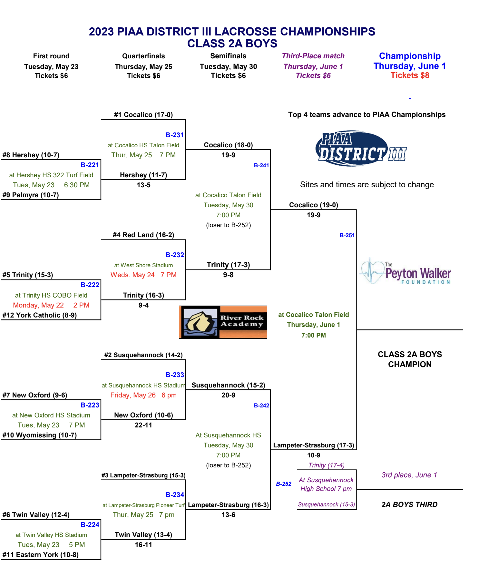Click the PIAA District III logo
pos(361,148)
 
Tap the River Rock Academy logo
pos(223,322)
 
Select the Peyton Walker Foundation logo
pos(405,271)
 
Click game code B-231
pos(175,135)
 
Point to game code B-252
pos(284,484)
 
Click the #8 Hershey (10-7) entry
pos(31,155)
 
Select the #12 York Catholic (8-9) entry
pos(40,315)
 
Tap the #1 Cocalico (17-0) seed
pos(143,115)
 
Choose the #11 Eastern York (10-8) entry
pos(41,555)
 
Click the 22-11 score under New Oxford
pos(143,425)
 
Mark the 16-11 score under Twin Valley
pos(143,545)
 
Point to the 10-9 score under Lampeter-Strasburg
pos(314,455)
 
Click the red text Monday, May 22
pos(38,305)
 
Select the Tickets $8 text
pos(410,75)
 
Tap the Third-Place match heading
pos(313,56)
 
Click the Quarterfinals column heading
pos(143,56)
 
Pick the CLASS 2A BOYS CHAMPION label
pos(410,359)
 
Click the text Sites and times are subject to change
pos(367,185)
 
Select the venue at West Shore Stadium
pos(143,265)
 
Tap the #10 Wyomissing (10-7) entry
pos(40,435)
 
